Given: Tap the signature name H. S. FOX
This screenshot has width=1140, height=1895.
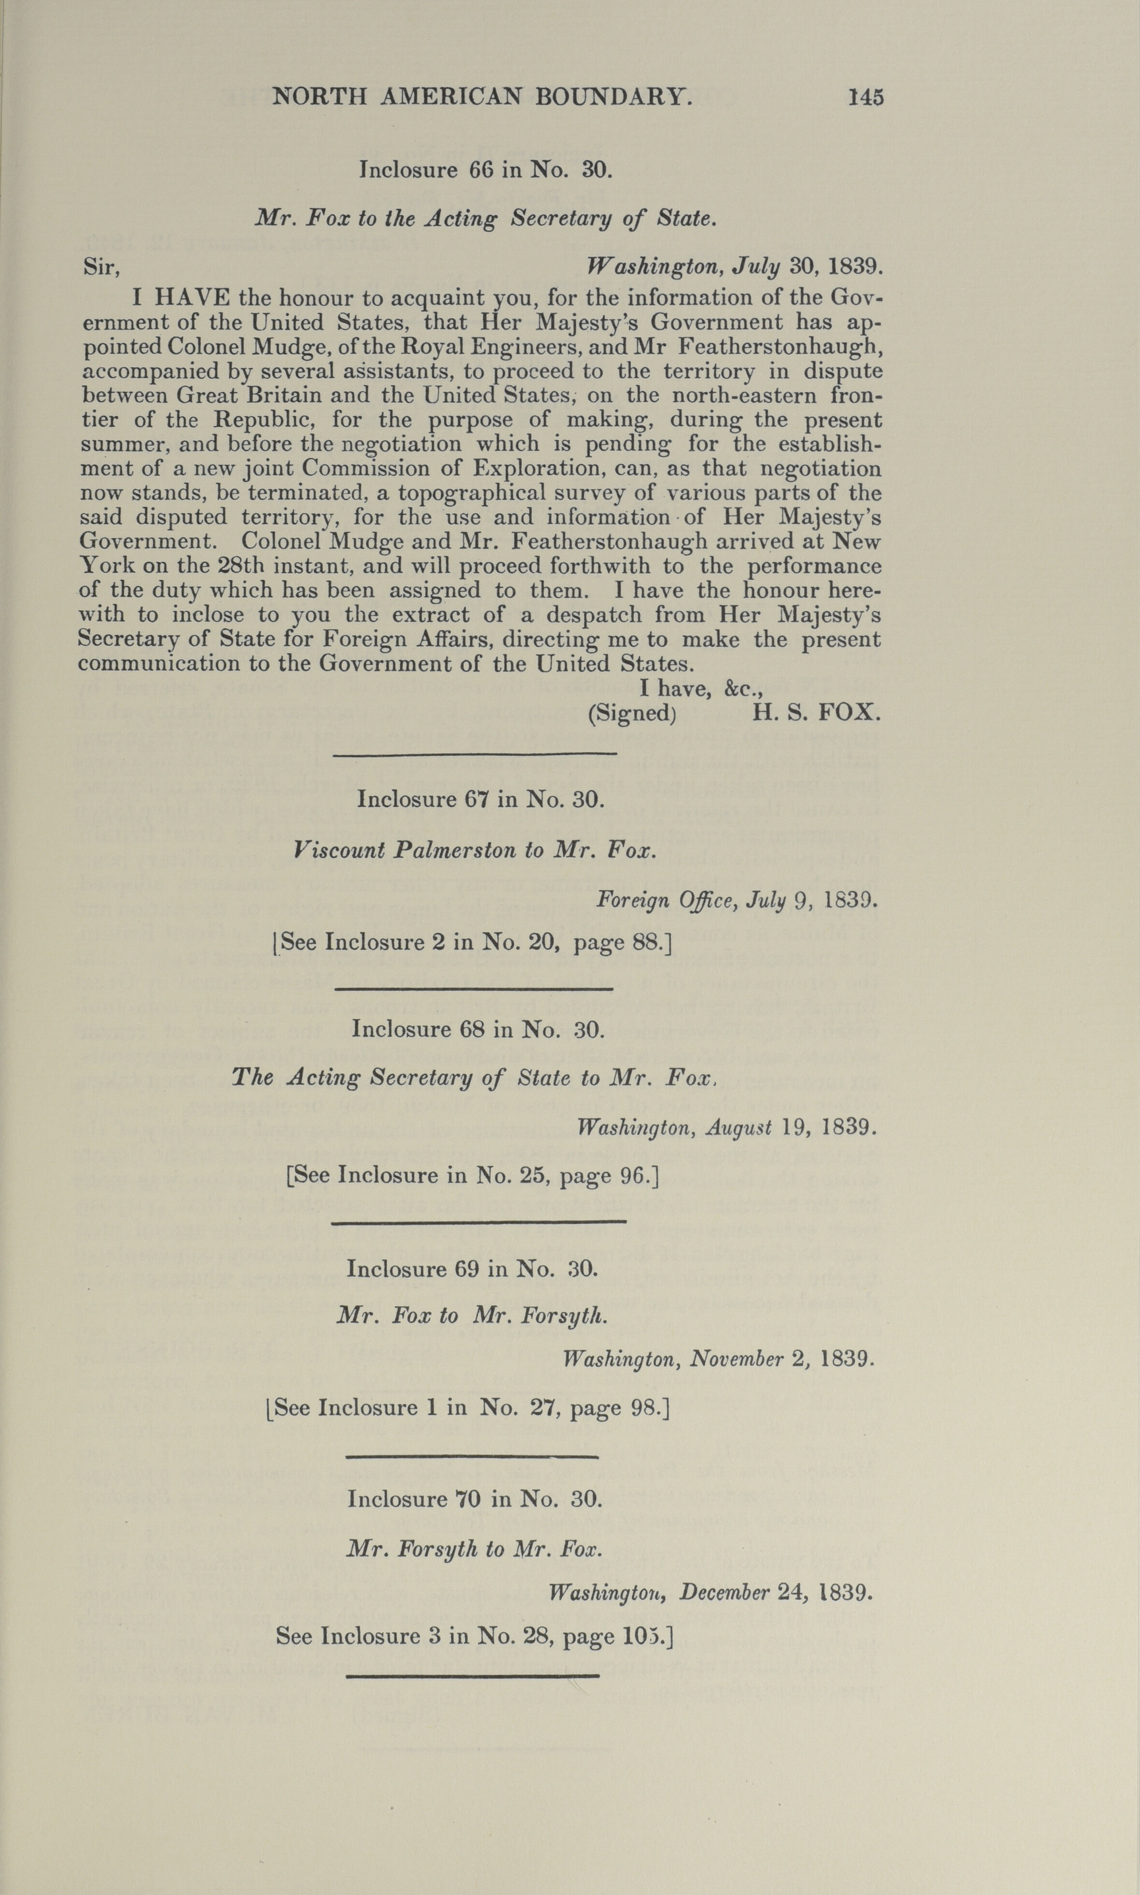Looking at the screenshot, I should point(816,712).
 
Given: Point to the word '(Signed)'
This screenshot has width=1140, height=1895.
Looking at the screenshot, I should point(631,713).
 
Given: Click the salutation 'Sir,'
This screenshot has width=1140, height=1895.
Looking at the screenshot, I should point(102,267).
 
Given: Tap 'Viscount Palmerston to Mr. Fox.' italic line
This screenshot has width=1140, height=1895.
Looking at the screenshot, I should point(475,851).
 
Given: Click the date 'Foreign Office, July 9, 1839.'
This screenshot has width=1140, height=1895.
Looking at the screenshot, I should point(736,900).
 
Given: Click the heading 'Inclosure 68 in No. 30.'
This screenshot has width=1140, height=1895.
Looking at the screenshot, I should point(478,1029).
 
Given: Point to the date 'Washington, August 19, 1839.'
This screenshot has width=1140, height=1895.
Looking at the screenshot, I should point(726,1127).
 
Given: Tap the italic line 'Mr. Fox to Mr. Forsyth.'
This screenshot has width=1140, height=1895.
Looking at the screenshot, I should point(472,1316).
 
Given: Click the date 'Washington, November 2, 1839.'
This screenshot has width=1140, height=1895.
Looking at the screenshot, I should point(718,1360).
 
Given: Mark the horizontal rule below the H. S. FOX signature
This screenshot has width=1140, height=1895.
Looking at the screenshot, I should point(475,754).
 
